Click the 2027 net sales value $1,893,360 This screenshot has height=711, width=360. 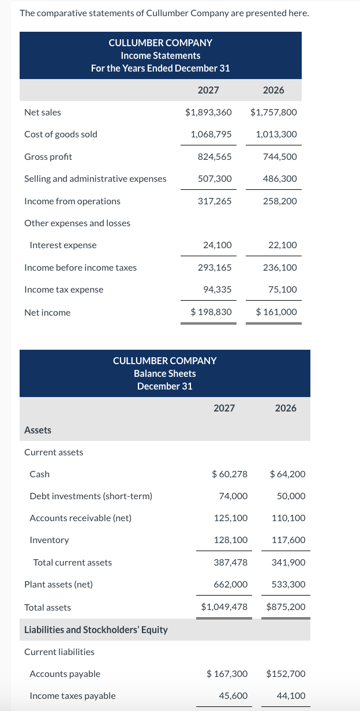(x=208, y=113)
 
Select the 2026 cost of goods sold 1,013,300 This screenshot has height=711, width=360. (x=276, y=134)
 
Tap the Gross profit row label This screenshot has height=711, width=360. (x=48, y=157)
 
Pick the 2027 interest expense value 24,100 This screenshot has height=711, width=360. (x=217, y=245)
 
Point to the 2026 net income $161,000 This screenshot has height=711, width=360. (x=276, y=312)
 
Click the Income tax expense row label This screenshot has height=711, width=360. (x=63, y=290)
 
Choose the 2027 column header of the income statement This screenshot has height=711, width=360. (x=208, y=90)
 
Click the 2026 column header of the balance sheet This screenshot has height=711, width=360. (x=286, y=408)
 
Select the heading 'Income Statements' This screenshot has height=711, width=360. (x=160, y=55)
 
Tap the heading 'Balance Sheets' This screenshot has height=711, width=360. (x=165, y=373)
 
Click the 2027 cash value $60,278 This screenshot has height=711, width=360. (x=230, y=474)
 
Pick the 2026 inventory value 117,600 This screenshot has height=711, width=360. (x=288, y=540)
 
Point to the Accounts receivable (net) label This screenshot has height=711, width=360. (x=80, y=518)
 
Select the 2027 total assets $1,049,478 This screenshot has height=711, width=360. (x=224, y=607)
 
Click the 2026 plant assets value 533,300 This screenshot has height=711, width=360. (x=288, y=585)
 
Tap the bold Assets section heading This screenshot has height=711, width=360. (x=37, y=430)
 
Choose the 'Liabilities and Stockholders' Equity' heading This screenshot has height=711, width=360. (x=96, y=630)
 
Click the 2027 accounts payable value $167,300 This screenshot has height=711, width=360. (x=227, y=674)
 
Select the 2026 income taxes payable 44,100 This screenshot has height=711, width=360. (x=291, y=696)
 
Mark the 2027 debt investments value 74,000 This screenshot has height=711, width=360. (x=234, y=496)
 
